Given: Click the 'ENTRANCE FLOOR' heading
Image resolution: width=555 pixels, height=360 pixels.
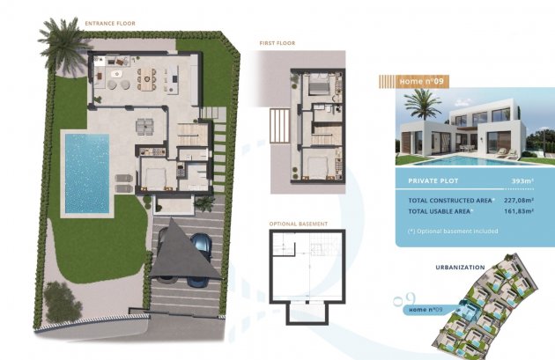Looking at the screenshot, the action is tap(110, 24).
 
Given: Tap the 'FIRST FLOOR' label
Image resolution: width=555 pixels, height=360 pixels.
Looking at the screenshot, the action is tap(277, 43).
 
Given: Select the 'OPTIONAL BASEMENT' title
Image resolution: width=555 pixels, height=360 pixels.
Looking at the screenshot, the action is tap(299, 224).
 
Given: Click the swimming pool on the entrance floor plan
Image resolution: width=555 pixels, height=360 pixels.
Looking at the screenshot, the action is tap(87, 173).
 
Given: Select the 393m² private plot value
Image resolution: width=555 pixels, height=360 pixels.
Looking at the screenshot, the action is tap(522, 181).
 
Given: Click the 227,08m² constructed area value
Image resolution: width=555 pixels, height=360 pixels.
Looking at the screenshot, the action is tap(519, 201).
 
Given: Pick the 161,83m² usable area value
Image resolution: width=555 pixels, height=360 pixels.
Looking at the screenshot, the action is tap(519, 211).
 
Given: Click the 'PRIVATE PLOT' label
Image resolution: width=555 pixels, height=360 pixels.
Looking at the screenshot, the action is tap(433, 181).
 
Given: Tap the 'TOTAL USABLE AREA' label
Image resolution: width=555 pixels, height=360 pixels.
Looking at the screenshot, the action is tap(440, 211).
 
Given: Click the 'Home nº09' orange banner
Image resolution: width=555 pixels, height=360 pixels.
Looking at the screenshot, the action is tap(414, 82).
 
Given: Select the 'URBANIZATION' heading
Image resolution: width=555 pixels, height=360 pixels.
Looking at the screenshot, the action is tap(460, 268).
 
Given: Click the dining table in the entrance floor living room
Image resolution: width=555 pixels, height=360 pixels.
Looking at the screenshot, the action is tap(146, 79).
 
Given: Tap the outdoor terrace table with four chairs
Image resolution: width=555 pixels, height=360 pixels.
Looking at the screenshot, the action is tap(144, 127).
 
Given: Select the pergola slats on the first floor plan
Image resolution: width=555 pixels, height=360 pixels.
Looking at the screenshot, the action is tap(279, 126).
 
